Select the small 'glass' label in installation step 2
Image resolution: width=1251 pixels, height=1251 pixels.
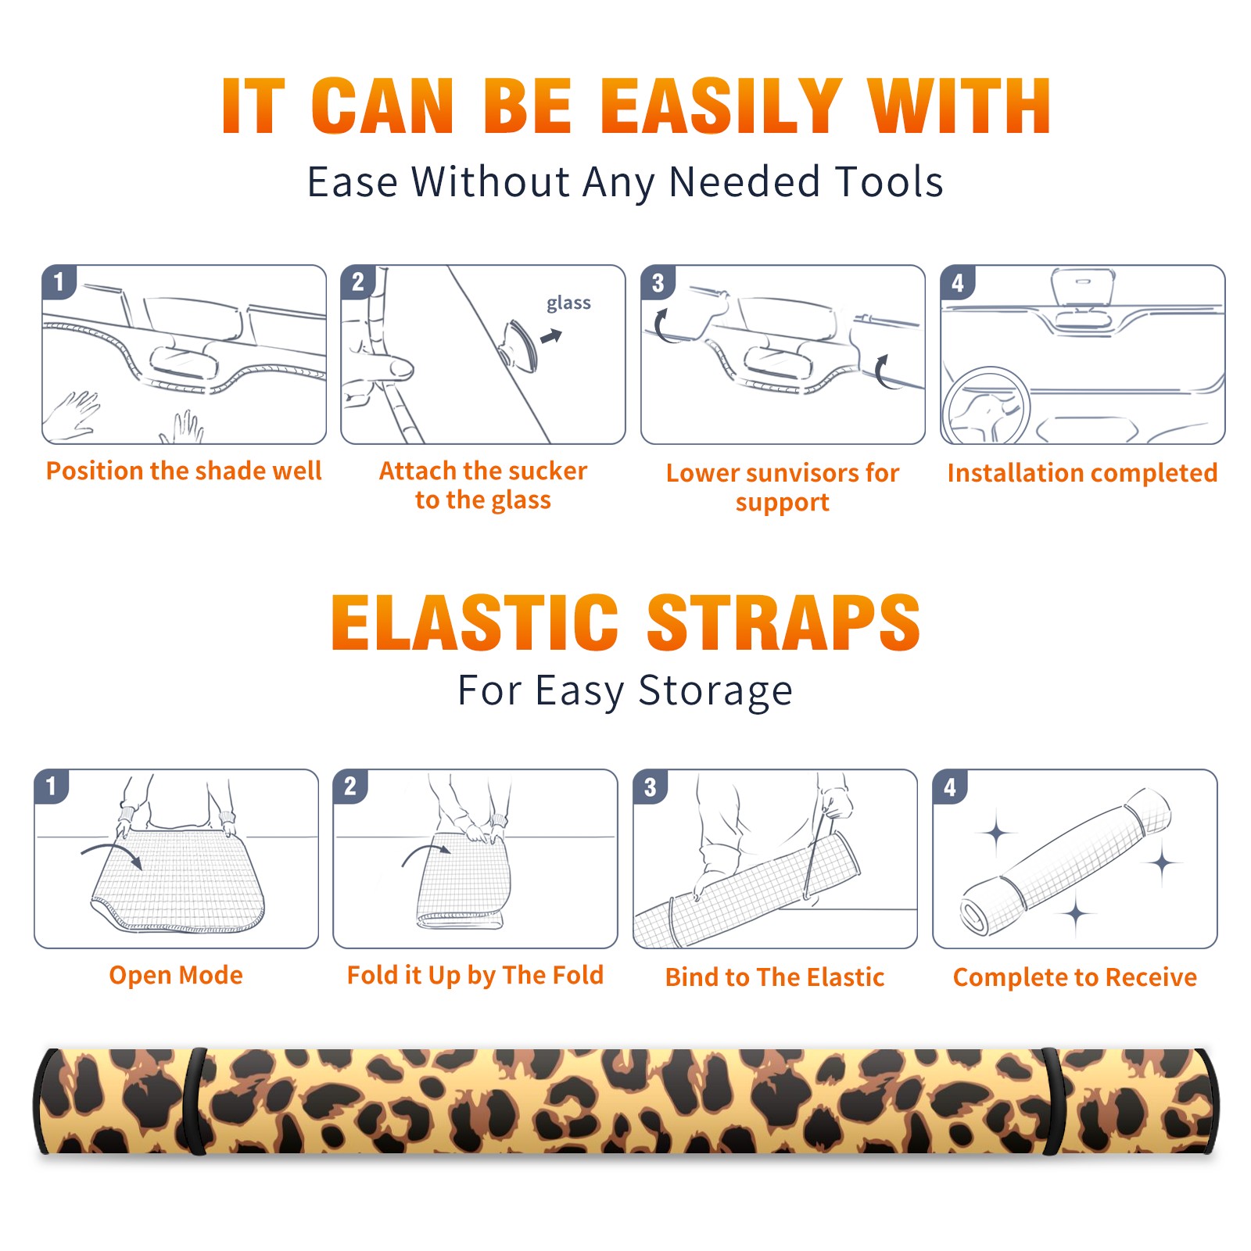click(568, 303)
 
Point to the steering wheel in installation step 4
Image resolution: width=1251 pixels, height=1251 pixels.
click(986, 407)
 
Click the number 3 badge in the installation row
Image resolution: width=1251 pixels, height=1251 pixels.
click(658, 282)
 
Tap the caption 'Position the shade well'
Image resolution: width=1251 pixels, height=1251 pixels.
click(184, 471)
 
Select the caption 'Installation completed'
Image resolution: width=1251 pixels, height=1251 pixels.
click(1082, 473)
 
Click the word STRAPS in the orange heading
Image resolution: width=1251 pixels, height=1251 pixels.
click(783, 622)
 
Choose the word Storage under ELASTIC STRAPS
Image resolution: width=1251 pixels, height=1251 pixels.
click(715, 691)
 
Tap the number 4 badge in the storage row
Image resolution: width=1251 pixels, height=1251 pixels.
click(949, 787)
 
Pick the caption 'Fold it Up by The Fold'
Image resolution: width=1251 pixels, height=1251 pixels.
click(475, 975)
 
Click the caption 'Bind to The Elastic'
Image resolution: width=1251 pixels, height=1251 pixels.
click(775, 977)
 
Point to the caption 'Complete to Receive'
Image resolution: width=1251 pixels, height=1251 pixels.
click(1075, 977)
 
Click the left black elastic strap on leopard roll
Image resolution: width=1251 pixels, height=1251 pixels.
click(195, 1101)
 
